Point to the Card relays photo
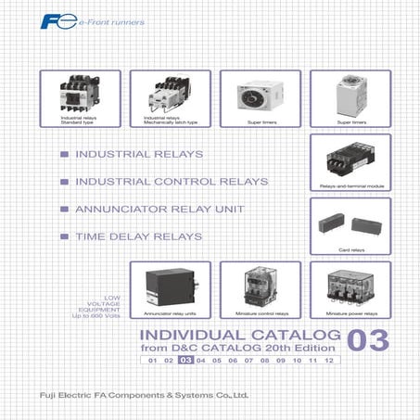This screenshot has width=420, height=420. click(x=350, y=223)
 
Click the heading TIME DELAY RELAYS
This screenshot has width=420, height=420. click(x=138, y=237)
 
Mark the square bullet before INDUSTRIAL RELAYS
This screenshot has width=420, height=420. click(x=64, y=154)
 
